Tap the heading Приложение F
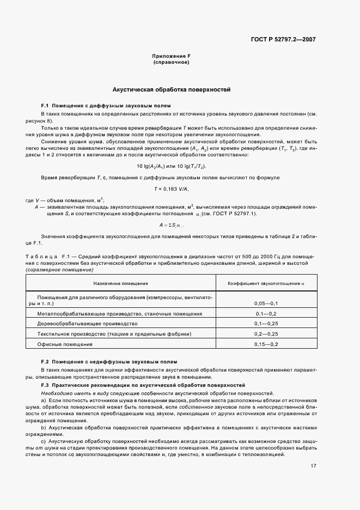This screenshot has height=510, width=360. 172,57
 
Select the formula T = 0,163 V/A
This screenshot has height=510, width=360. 172,189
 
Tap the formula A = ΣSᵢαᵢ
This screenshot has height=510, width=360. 172,225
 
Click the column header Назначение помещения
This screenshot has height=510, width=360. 120,283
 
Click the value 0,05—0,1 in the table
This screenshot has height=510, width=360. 266,303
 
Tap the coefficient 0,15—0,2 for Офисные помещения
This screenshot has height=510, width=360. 266,344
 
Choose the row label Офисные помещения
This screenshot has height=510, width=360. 65,344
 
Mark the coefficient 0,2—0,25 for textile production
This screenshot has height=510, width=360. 266,334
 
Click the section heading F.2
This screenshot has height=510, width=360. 109,362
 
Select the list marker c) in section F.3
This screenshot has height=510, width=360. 44,440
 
